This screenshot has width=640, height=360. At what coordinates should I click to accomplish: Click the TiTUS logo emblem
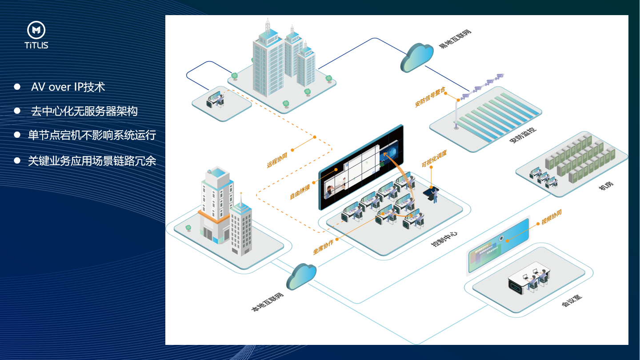point(36,30)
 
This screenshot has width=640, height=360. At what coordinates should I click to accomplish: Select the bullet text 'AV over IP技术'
point(68,87)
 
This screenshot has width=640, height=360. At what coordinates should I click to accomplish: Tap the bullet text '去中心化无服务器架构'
point(84,111)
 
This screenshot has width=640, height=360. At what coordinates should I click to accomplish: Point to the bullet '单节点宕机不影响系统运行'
point(92,135)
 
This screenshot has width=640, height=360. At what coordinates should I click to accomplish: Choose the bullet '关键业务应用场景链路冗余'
point(92,160)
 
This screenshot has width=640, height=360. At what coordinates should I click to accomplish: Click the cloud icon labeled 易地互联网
point(417,57)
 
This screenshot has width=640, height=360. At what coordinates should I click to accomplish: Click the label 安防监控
point(523,136)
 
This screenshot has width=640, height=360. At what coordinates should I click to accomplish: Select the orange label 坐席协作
point(323,245)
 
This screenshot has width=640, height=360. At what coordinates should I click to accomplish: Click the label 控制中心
point(444,240)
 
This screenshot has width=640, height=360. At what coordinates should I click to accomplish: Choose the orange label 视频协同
point(551,217)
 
